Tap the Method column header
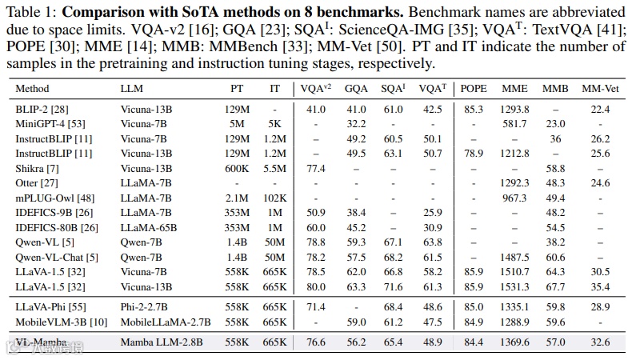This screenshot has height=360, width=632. [x=32, y=88]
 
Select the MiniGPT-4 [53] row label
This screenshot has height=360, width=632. [x=51, y=124]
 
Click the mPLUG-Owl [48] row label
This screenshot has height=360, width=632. [x=50, y=198]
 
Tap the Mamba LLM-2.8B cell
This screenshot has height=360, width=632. [x=160, y=342]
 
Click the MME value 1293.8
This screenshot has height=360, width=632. [x=514, y=110]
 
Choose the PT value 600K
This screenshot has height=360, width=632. [x=236, y=169]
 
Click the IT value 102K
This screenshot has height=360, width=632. [x=274, y=198]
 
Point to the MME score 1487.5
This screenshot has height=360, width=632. [x=514, y=257]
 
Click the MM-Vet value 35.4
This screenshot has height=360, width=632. [x=601, y=286]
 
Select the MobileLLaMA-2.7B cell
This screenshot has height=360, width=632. [x=165, y=322]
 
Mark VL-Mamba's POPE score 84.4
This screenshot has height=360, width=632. [x=474, y=342]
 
